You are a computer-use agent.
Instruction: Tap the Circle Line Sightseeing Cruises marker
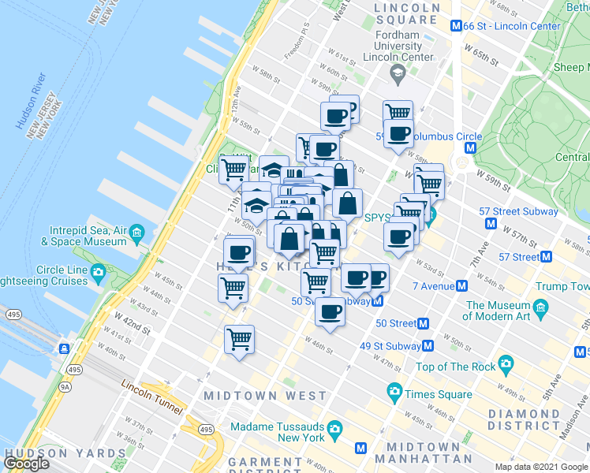[x=99, y=274]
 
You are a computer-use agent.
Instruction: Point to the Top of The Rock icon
[x=506, y=365]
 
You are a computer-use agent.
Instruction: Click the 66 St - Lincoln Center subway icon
[x=456, y=26]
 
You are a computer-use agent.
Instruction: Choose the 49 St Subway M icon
[x=428, y=345]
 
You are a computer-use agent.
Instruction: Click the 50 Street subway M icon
[x=424, y=323]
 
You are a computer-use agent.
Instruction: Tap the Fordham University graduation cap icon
[x=398, y=73]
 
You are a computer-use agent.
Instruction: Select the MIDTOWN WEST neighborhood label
[x=265, y=395]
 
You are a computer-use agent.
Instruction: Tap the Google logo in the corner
[x=27, y=463]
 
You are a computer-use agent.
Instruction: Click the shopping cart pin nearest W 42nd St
[x=239, y=340]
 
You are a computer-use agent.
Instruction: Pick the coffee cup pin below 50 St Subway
[x=330, y=312]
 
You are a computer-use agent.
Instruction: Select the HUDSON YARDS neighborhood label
[x=65, y=454]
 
